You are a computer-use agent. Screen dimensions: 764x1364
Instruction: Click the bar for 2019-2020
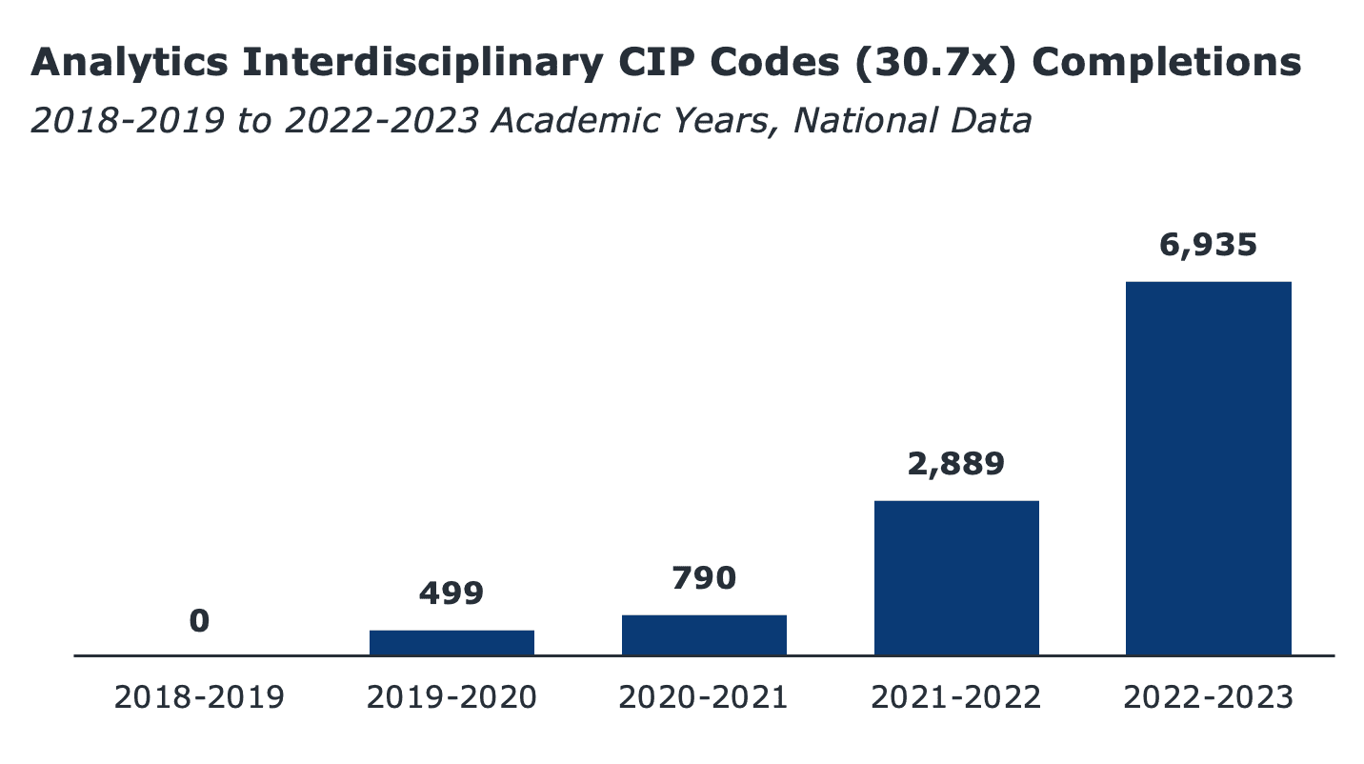pyautogui.click(x=451, y=643)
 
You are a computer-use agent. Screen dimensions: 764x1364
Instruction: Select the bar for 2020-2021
pyautogui.click(x=704, y=635)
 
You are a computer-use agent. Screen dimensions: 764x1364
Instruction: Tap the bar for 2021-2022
pyautogui.click(x=956, y=578)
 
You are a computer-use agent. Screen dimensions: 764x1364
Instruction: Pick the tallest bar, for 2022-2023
pyautogui.click(x=1208, y=469)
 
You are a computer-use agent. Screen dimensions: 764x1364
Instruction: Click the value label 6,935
pyautogui.click(x=1208, y=245)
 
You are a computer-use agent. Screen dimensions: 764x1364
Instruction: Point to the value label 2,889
pyautogui.click(x=956, y=464)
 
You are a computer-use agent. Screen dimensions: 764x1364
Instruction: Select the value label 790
pyautogui.click(x=704, y=578)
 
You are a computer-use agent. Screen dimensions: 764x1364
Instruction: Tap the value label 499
pyautogui.click(x=451, y=593)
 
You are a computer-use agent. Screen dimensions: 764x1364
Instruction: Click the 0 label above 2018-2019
pyautogui.click(x=199, y=621)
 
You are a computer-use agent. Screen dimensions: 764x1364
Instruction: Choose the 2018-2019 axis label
pyautogui.click(x=199, y=697)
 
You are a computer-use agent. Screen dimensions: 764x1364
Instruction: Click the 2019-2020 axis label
pyautogui.click(x=451, y=697)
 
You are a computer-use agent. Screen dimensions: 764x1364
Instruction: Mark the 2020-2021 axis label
pyautogui.click(x=704, y=697)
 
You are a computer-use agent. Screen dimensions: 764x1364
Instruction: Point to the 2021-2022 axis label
pyautogui.click(x=956, y=697)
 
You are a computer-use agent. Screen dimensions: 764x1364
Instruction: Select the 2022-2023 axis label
pyautogui.click(x=1208, y=697)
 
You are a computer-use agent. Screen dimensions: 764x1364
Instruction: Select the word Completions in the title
pyautogui.click(x=1167, y=64)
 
